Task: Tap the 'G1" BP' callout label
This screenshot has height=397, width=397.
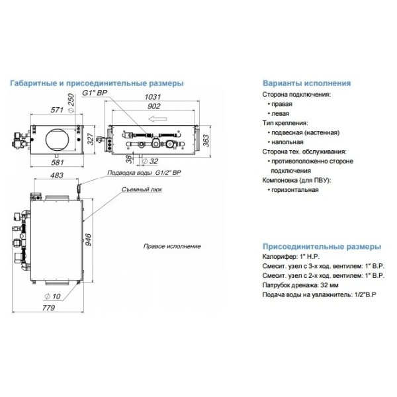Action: click(94, 94)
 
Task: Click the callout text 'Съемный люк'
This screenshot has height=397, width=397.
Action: click(140, 189)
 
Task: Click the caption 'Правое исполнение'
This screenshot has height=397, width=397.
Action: click(171, 246)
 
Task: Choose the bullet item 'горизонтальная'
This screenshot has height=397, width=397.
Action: click(293, 189)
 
